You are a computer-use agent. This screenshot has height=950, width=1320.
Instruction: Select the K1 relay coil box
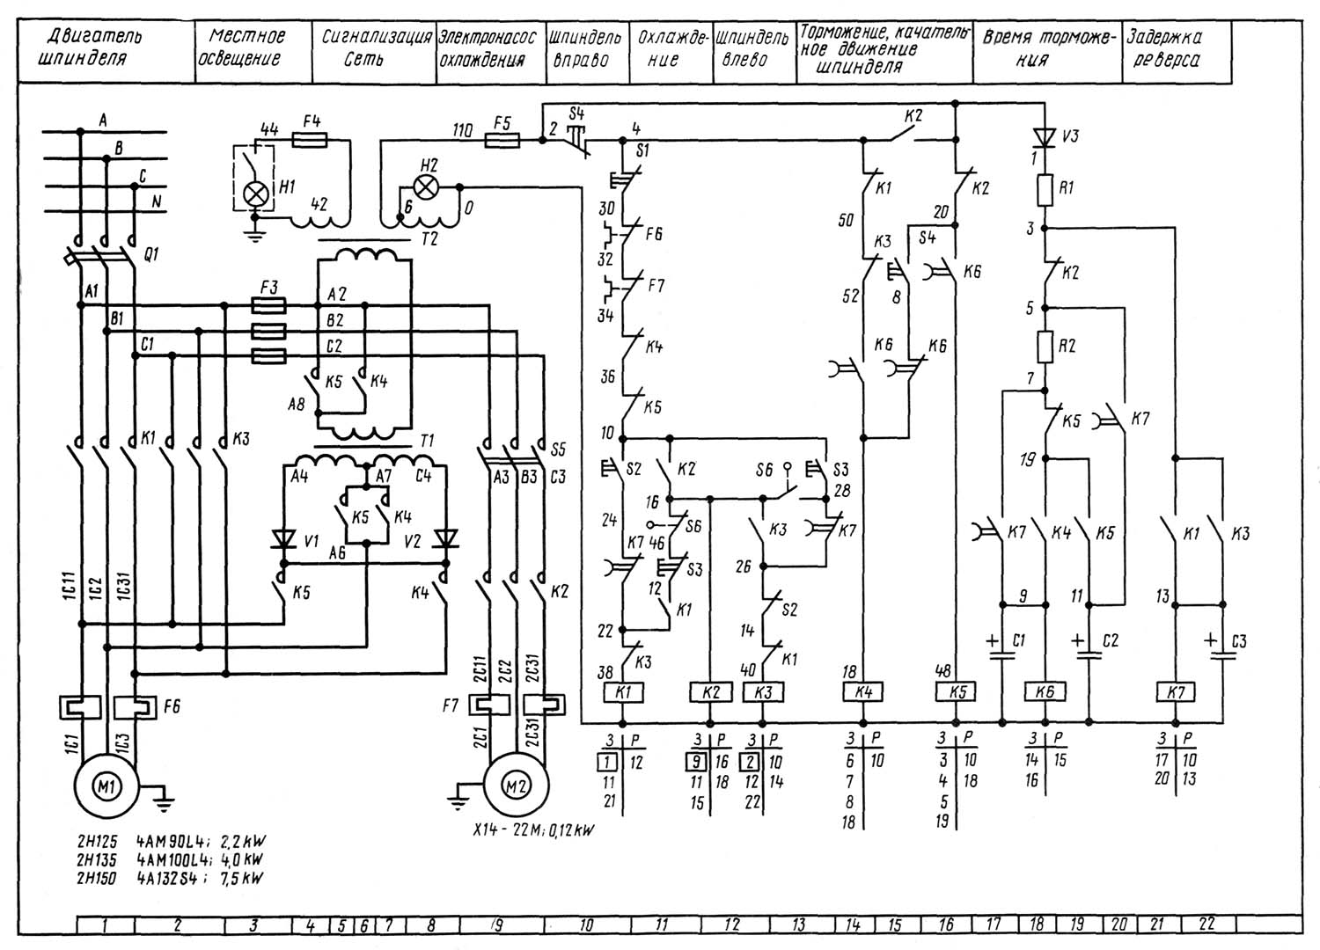click(623, 692)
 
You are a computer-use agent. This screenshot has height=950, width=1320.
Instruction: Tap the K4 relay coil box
click(863, 692)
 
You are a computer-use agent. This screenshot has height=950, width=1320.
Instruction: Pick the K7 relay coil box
click(1177, 692)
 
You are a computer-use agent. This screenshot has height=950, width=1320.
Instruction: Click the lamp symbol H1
click(256, 194)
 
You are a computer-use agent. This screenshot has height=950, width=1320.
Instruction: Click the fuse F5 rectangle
click(502, 139)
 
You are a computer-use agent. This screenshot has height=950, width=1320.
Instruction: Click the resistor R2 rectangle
click(1045, 346)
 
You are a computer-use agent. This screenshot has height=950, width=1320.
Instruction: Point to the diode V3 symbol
click(1045, 137)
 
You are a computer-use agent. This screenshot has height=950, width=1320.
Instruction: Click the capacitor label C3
click(1239, 642)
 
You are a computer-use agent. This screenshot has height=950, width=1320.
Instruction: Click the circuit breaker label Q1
click(152, 255)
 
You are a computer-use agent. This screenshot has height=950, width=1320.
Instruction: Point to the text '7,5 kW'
click(242, 878)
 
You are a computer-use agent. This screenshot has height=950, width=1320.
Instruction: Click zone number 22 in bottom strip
click(1206, 924)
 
